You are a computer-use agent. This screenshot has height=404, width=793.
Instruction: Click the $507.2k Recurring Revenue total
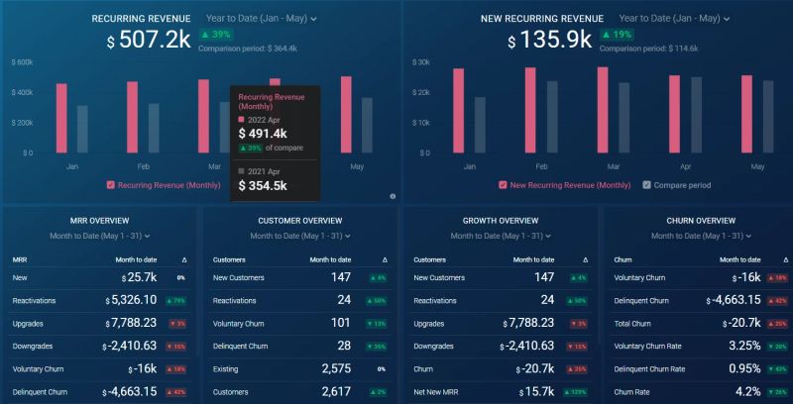(149, 41)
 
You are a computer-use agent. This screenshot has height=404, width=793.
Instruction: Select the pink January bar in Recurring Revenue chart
(61, 118)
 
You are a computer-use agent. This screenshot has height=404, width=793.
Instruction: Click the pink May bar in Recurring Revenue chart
(346, 114)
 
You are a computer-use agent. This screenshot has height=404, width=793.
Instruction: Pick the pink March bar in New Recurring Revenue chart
(603, 109)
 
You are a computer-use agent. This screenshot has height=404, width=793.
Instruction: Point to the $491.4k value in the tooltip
(263, 134)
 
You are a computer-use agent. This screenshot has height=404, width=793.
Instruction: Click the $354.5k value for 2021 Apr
(263, 185)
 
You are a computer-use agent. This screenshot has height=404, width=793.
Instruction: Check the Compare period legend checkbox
(646, 185)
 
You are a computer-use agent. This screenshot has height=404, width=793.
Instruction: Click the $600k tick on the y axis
(22, 61)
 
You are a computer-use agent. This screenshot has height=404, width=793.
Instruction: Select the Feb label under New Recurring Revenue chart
(540, 167)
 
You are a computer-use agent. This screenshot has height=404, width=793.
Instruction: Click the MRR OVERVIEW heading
(100, 220)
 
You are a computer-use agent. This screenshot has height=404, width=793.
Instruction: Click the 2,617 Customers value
(339, 391)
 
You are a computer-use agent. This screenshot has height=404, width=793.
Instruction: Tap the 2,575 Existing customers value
(339, 368)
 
